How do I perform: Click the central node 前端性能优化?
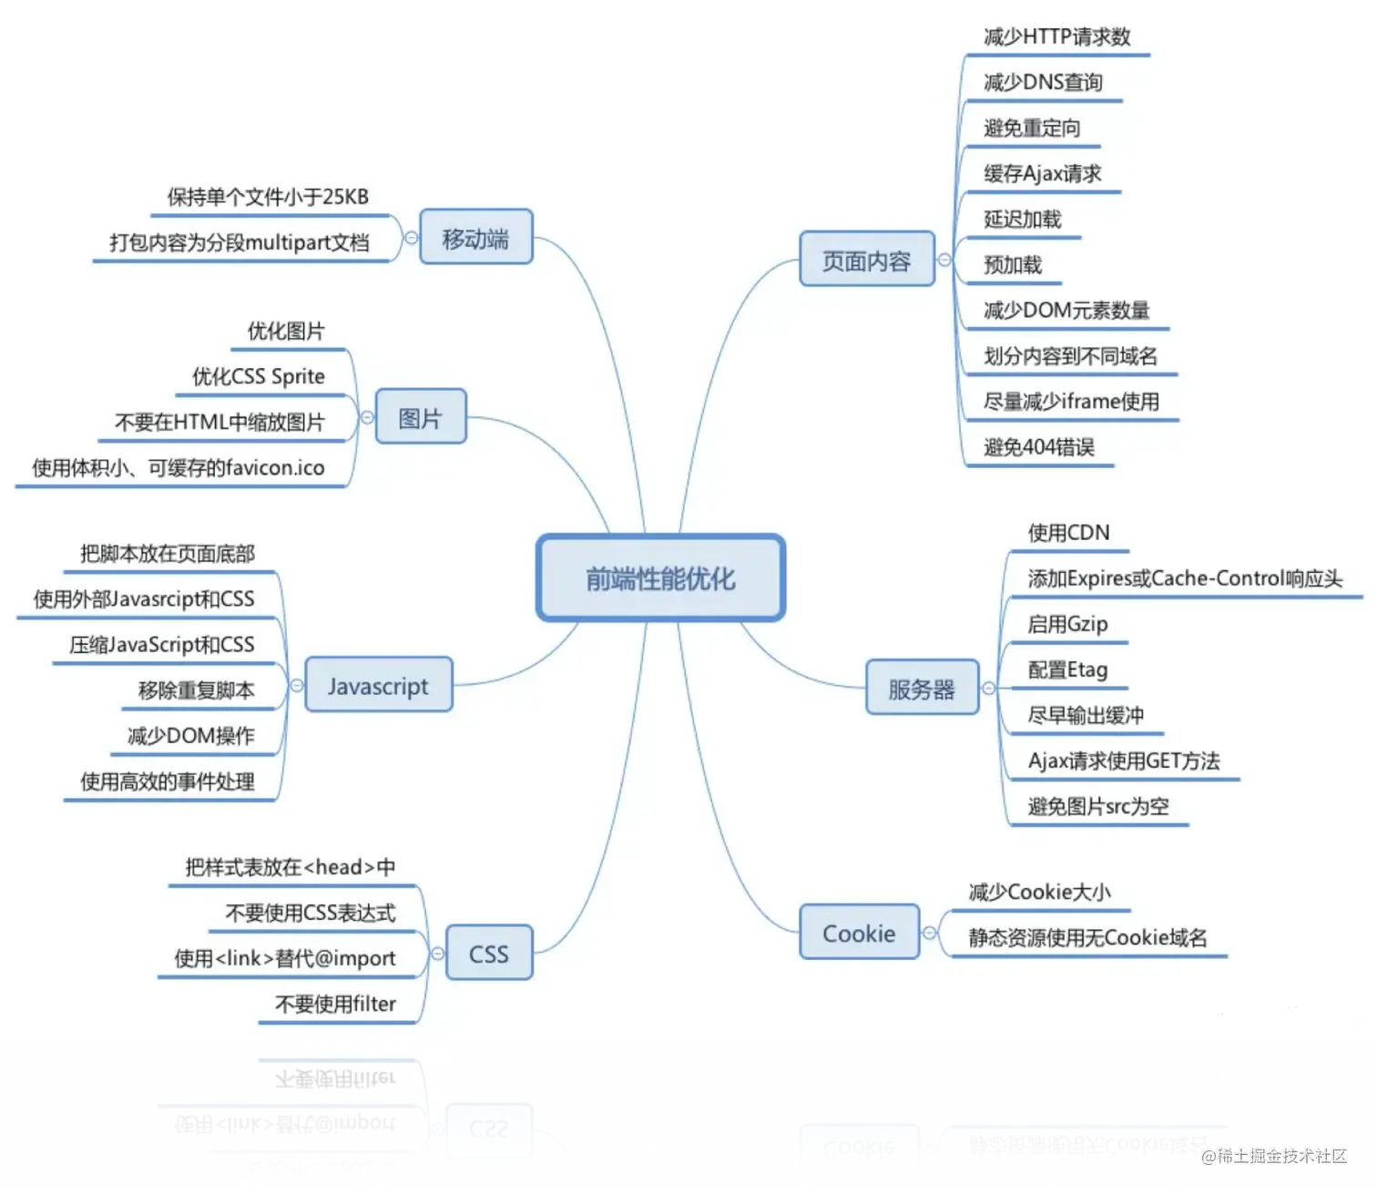[660, 578]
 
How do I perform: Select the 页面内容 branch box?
[866, 260]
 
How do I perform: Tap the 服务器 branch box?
[921, 689]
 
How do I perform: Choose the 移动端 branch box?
[475, 238]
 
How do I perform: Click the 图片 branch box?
[420, 418]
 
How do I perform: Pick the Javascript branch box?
[378, 685]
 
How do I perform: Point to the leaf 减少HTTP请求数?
[1056, 36]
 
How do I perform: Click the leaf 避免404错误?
[1038, 446]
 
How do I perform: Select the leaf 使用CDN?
[1068, 532]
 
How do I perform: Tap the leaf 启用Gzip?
[1067, 624]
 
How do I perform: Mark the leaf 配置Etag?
[1067, 669]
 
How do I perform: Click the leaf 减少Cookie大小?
[1039, 892]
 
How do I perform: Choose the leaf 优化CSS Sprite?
[258, 376]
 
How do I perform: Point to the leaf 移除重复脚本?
[196, 689]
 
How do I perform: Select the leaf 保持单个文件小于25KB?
[268, 197]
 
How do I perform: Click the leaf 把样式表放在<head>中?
[290, 866]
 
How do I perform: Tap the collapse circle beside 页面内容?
[944, 260]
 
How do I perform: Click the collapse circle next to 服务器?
[988, 689]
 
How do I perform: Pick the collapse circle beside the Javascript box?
[296, 685]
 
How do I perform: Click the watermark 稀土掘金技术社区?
[1274, 1156]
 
